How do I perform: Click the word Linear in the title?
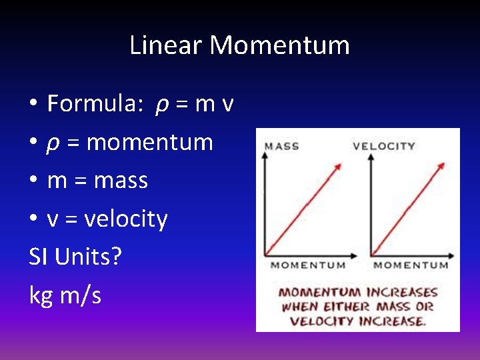coord(167,45)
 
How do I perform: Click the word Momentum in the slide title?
coord(279,45)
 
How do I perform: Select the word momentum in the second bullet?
coord(150,142)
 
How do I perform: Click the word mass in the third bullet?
coord(121,181)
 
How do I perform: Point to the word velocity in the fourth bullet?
coord(126,219)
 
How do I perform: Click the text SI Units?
coord(75,257)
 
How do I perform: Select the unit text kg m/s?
coord(65,295)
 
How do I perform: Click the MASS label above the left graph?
coord(283,146)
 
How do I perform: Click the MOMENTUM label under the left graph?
coord(308,265)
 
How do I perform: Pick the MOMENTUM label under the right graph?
coord(411,265)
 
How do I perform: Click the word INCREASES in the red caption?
coord(402,293)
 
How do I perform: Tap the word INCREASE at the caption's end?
coord(392,321)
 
